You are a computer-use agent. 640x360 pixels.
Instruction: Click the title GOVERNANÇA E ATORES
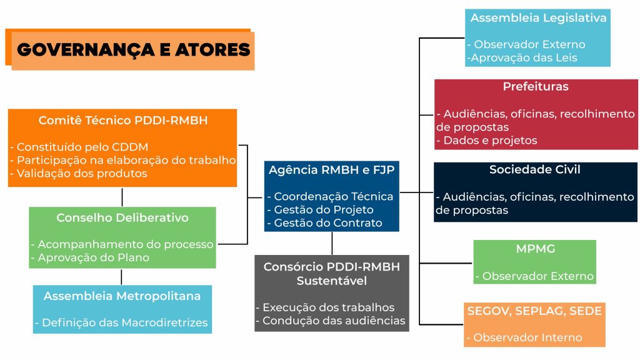[134, 50]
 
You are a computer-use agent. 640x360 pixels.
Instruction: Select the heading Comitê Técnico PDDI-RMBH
[123, 121]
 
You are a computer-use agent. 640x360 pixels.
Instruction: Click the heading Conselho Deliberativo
[122, 217]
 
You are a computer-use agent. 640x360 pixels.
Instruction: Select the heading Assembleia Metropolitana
[122, 296]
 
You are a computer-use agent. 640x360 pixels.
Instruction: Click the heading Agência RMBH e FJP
[331, 170]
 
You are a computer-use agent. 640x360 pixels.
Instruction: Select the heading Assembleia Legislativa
[538, 18]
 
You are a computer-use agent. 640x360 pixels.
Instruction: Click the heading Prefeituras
[536, 86]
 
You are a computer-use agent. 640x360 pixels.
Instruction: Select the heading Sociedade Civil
[535, 169]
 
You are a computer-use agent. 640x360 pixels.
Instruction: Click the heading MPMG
[536, 249]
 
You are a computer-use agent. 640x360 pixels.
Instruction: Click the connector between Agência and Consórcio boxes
[332, 243]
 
